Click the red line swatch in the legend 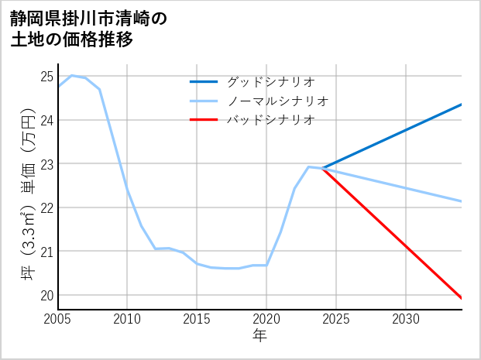(204, 120)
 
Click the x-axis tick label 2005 (57, 319)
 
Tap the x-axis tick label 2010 (127, 319)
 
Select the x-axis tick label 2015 (197, 319)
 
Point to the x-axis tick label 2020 (266, 319)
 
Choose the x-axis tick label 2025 (336, 319)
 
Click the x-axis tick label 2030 (406, 319)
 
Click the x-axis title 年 (259, 336)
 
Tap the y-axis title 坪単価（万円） (29, 198)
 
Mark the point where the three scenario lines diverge (322, 168)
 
